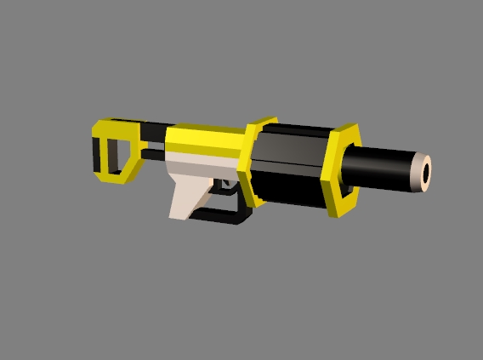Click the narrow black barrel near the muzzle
pyautogui.click(x=383, y=166)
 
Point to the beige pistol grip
pyautogui.click(x=189, y=192)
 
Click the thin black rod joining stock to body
pyautogui.click(x=153, y=157)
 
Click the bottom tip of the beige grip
pyautogui.click(x=179, y=214)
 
